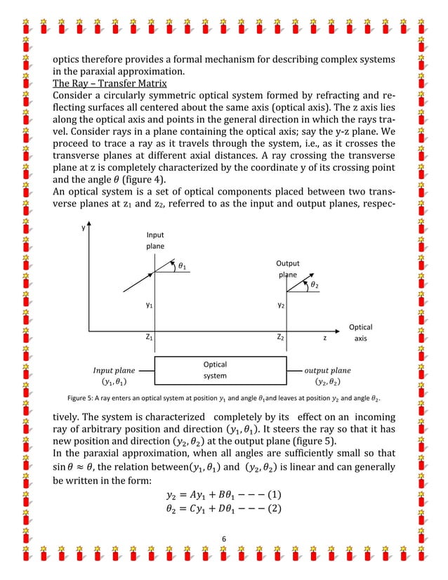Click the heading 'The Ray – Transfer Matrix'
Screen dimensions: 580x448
tap(110, 87)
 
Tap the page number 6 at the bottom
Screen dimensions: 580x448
tap(223, 539)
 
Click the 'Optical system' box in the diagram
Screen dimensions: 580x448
tap(214, 370)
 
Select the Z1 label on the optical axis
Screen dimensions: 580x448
tap(150, 338)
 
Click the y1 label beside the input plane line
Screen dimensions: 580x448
tap(150, 306)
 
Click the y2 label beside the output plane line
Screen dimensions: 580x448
tap(280, 306)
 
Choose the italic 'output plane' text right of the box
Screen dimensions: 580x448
tap(327, 370)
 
